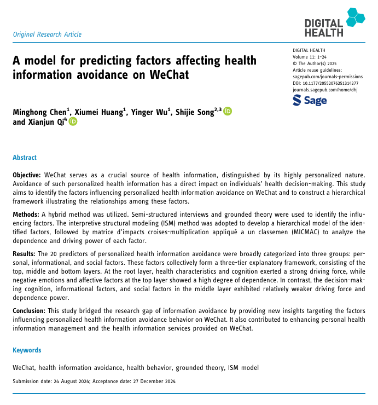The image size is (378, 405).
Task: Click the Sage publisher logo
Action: click(x=310, y=100)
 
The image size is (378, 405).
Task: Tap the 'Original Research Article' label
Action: click(x=47, y=34)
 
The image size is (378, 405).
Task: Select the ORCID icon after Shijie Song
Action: click(x=228, y=112)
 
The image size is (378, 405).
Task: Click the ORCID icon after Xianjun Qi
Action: click(x=73, y=122)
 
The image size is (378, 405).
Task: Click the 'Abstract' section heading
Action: click(x=25, y=157)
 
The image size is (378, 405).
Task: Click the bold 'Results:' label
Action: click(x=24, y=254)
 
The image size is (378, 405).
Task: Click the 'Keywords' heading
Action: click(x=27, y=350)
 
